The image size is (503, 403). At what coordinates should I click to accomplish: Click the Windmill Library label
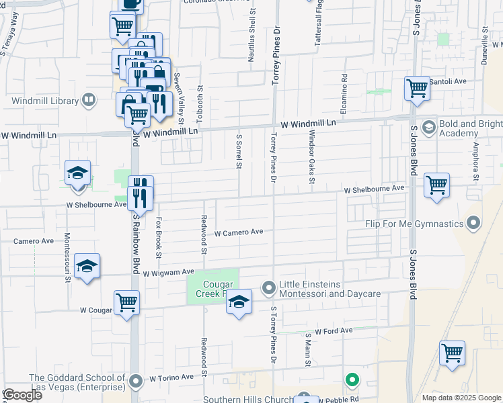click(45, 101)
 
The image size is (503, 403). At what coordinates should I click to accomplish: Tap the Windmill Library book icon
click(89, 101)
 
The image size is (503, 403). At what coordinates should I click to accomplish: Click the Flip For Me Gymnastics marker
click(474, 223)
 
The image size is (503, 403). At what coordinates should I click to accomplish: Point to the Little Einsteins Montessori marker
click(269, 288)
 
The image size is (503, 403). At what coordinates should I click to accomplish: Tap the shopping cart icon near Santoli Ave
click(417, 87)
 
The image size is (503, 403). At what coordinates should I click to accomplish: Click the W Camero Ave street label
click(238, 233)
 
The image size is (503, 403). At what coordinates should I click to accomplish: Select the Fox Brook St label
click(159, 236)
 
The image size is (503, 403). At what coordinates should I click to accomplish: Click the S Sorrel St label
click(239, 151)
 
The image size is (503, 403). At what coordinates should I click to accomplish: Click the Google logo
click(22, 395)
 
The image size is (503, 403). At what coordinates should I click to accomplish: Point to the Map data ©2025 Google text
click(461, 398)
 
